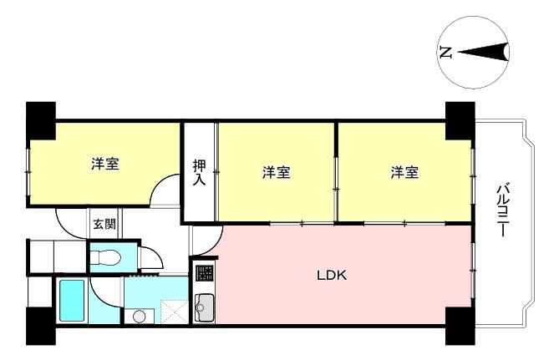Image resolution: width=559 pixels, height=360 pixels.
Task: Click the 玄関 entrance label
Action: pyautogui.click(x=104, y=223)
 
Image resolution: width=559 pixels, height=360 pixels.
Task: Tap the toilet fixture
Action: pyautogui.click(x=112, y=256)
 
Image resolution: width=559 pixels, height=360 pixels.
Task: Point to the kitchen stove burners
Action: pyautogui.click(x=205, y=273)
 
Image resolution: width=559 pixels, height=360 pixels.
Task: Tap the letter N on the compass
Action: pyautogui.click(x=445, y=53)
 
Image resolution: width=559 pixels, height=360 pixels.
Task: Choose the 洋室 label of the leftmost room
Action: pyautogui.click(x=105, y=164)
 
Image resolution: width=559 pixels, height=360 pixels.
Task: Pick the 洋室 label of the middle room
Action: pyautogui.click(x=277, y=172)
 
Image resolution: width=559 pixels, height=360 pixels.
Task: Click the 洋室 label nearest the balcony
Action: pyautogui.click(x=404, y=172)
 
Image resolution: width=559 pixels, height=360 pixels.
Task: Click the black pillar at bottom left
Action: pyautogui.click(x=41, y=326)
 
